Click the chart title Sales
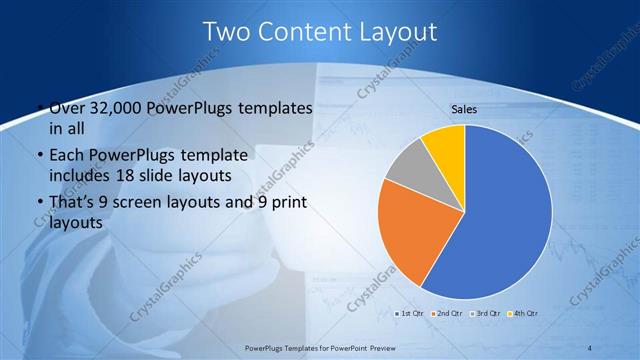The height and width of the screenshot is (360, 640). pyautogui.click(x=463, y=107)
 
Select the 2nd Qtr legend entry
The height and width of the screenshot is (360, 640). pyautogui.click(x=448, y=314)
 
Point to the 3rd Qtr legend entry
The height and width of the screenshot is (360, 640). pyautogui.click(x=486, y=314)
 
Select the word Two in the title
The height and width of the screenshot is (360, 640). pyautogui.click(x=227, y=32)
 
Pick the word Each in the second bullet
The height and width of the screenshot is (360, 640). pyautogui.click(x=67, y=156)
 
